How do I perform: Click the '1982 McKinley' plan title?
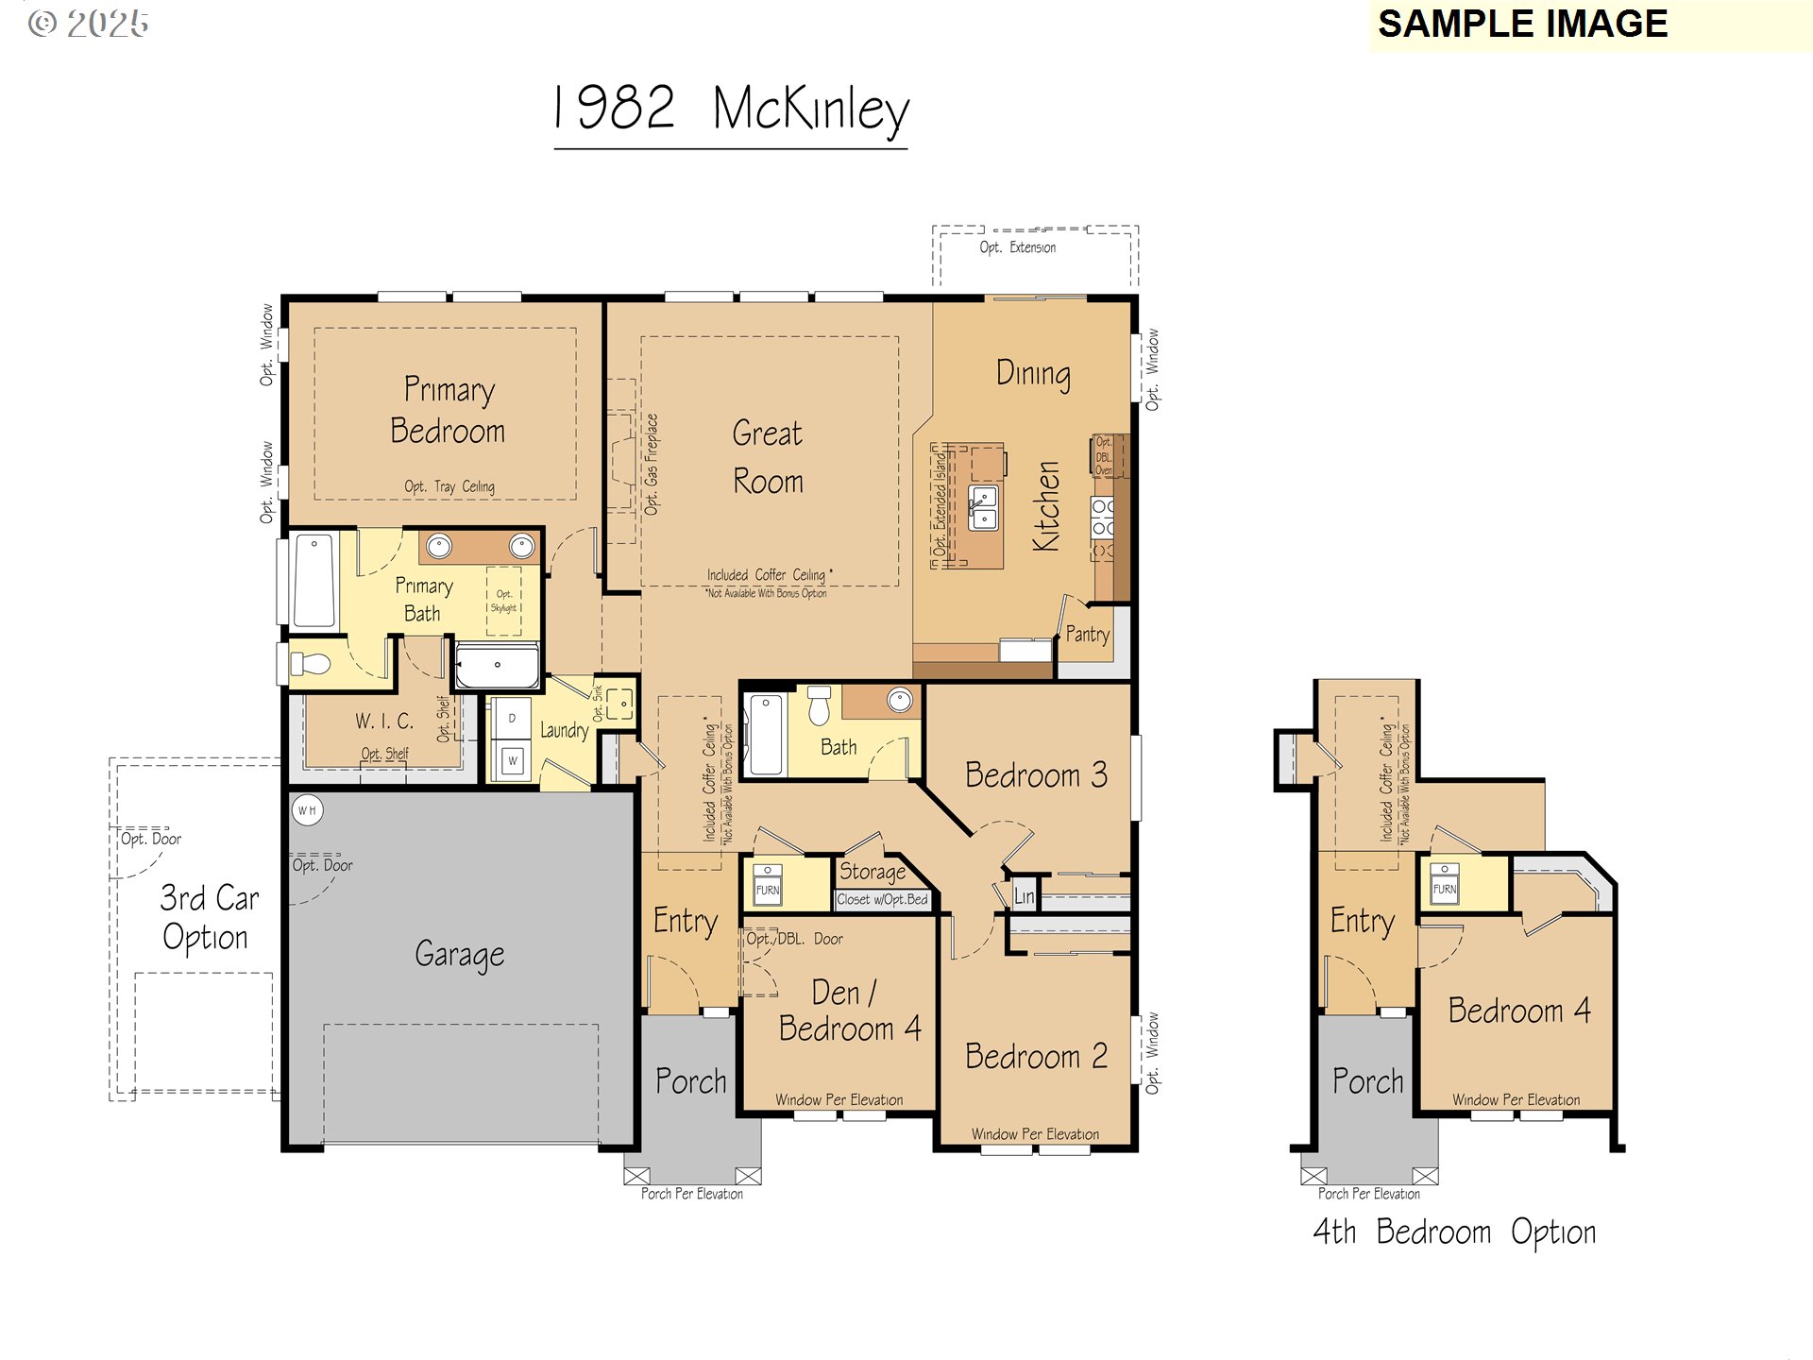pos(731,109)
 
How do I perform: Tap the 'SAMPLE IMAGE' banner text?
pos(1522,25)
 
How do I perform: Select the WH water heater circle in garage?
pos(307,810)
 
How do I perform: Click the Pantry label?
pos(1087,635)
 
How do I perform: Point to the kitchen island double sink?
pos(983,508)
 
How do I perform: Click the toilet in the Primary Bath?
pos(311,664)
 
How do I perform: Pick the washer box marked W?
pos(513,760)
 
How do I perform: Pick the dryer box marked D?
pos(513,719)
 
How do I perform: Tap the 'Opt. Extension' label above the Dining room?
pos(1017,247)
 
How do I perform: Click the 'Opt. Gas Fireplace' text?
pos(652,464)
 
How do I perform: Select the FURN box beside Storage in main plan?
pos(768,886)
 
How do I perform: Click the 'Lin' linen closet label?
pos(1024,896)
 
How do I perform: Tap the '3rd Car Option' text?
pos(208,917)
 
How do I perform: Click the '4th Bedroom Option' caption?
pos(1454,1232)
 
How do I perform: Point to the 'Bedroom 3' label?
pos(1036,775)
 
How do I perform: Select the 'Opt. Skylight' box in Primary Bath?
pos(503,601)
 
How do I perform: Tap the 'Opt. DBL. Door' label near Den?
pos(794,939)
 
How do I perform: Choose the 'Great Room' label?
pos(768,457)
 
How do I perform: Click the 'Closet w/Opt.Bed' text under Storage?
pos(882,899)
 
